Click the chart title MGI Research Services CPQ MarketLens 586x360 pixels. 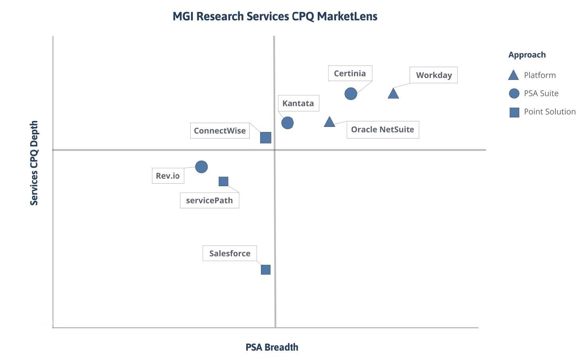tap(275, 16)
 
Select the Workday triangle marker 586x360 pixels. tap(393, 93)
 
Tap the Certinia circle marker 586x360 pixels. tap(350, 94)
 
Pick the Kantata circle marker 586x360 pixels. tap(287, 123)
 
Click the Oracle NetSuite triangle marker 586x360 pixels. tap(329, 122)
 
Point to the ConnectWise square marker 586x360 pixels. tap(265, 138)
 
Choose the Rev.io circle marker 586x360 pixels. tap(201, 167)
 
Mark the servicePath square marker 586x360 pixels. tap(223, 181)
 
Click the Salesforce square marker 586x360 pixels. tap(265, 270)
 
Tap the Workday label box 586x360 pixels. tap(434, 75)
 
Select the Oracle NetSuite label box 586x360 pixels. tap(382, 130)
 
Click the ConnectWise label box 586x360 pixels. tap(220, 131)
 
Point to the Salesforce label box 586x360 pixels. tap(230, 253)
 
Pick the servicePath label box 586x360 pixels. tap(209, 200)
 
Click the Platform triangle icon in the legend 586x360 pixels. tap(514, 75)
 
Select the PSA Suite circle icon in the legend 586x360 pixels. tap(514, 93)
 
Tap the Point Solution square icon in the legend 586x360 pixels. tap(514, 112)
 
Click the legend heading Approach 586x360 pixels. tap(527, 55)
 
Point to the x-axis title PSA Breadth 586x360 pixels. tap(272, 347)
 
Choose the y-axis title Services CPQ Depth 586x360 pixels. tap(34, 163)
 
